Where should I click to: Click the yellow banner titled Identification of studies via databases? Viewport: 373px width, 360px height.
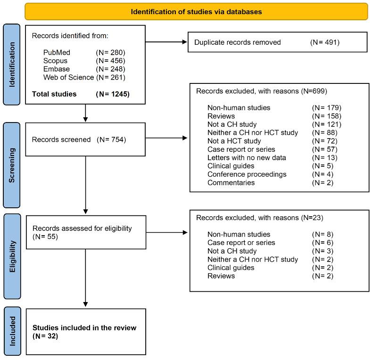point(196,11)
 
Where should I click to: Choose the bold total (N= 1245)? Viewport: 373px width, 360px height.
point(113,94)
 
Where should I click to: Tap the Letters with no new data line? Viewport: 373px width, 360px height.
point(247,158)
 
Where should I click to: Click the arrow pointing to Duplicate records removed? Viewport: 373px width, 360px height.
point(165,42)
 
